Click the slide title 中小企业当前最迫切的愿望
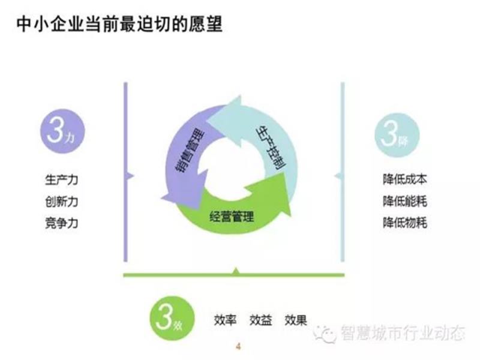click(119, 25)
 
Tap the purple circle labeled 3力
click(62, 131)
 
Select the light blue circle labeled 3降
click(397, 135)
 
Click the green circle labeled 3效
click(172, 318)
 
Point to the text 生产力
click(62, 179)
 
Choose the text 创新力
click(62, 202)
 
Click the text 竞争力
click(62, 223)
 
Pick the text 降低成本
click(404, 179)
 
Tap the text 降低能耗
click(404, 201)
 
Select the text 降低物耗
click(404, 223)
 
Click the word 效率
click(225, 320)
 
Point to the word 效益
click(260, 320)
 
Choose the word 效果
click(296, 320)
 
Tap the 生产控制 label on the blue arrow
click(271, 147)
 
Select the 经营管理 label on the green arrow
click(232, 217)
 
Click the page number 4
click(238, 347)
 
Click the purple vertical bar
click(125, 172)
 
